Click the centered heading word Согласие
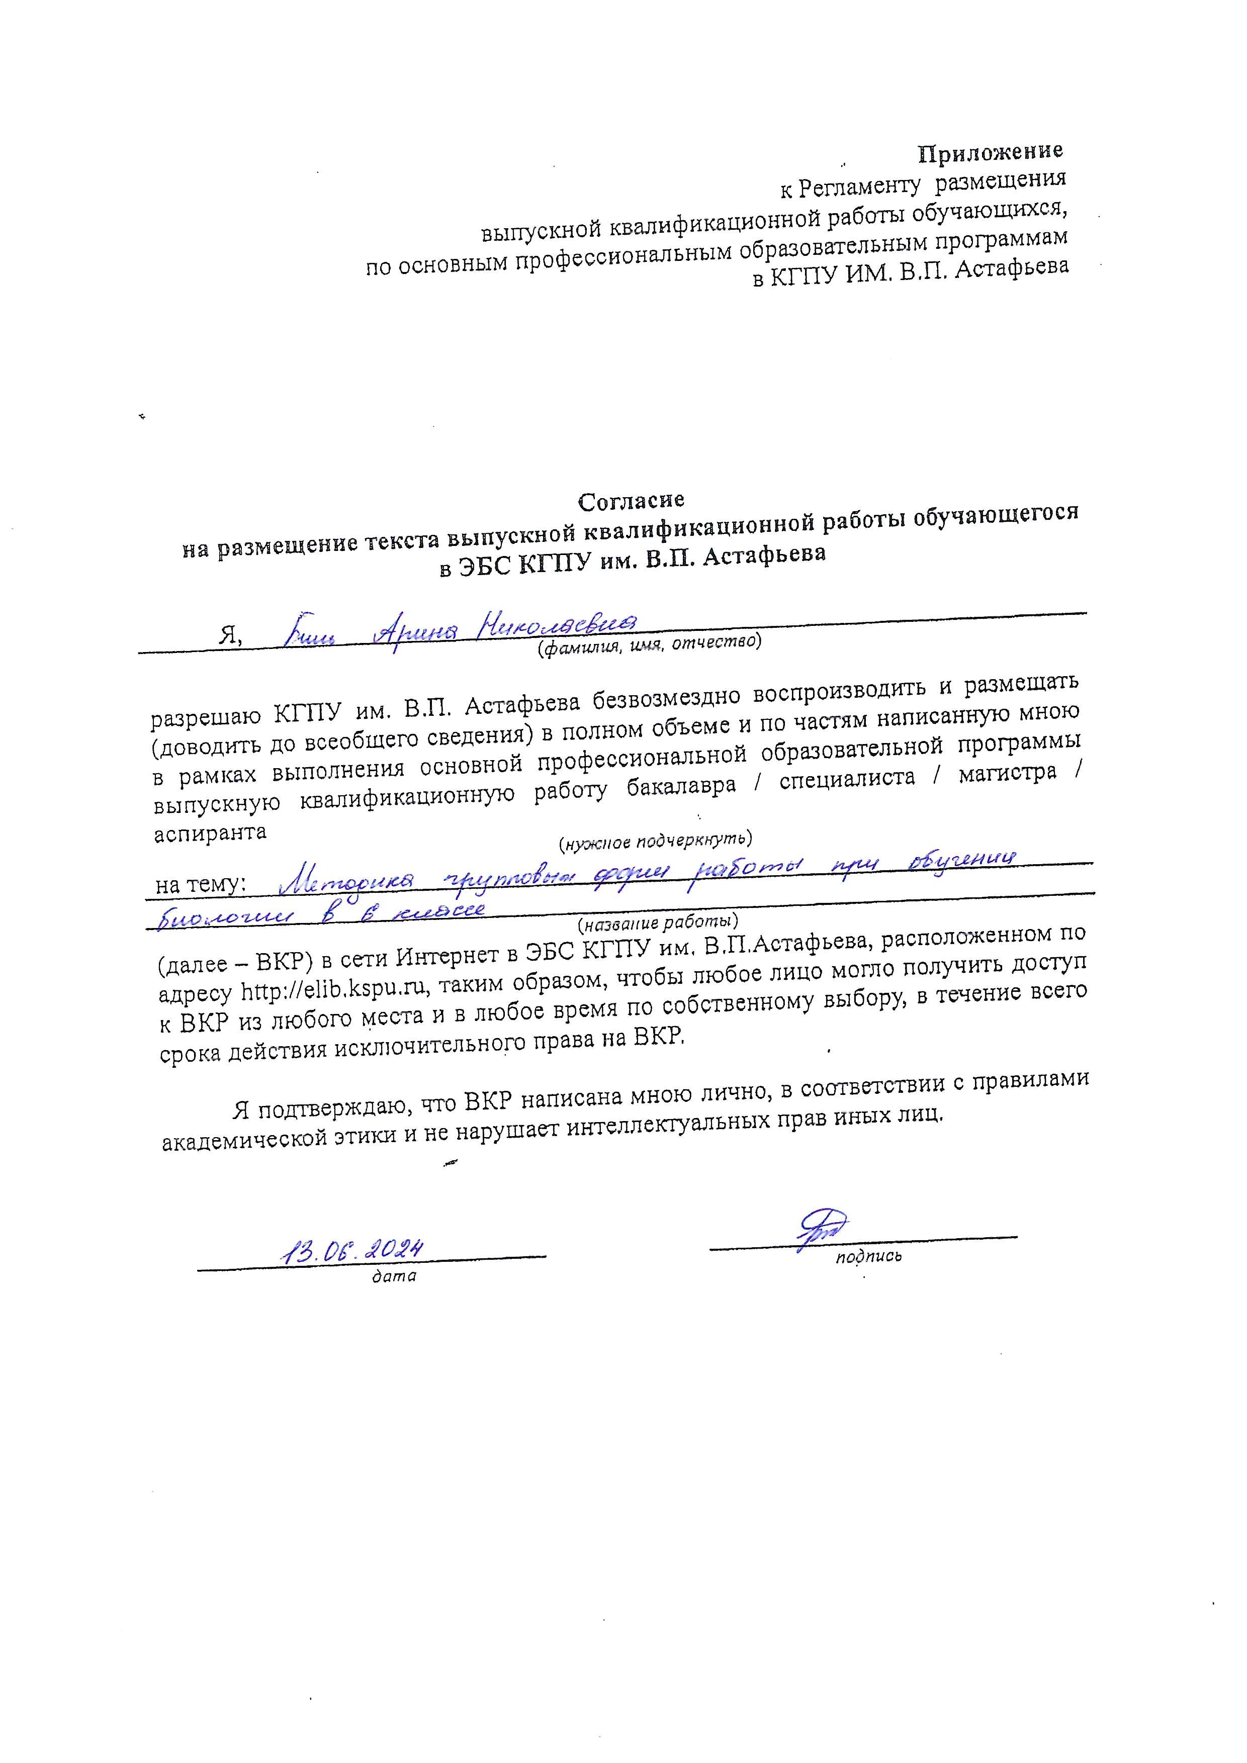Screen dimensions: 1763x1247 [631, 501]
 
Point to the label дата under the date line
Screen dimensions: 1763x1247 [393, 1276]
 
